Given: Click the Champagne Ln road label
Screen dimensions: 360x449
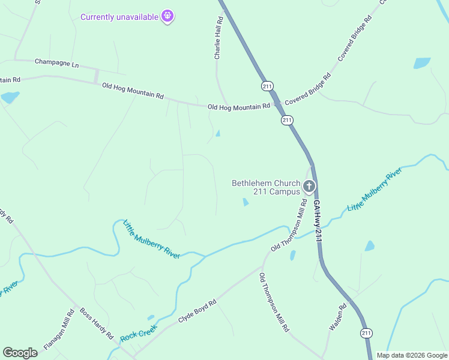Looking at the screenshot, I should (56, 62).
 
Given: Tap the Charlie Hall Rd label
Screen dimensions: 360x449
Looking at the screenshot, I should (219, 38).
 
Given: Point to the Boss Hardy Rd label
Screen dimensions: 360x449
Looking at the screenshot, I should (96, 325).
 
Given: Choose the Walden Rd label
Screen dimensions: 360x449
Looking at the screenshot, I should (338, 317).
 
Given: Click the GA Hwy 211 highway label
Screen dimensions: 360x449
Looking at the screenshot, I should (317, 221).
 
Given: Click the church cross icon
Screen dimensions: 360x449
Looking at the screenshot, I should (309, 187).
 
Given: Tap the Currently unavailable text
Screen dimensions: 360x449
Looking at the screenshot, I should (119, 16).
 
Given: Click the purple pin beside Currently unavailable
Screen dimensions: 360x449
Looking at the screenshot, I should (167, 16).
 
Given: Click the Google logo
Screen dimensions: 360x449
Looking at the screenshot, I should (20, 353).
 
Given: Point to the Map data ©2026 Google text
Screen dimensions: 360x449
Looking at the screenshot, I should (411, 355).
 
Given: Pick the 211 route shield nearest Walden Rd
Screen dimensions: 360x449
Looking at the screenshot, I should (366, 332).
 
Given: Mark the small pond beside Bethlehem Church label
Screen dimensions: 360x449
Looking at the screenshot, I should (246, 202).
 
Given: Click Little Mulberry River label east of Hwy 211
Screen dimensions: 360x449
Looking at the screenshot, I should (374, 191).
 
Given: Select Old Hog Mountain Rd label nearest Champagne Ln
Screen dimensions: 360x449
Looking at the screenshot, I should (133, 91).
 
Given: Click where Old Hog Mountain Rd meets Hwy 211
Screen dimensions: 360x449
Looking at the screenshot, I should (277, 104).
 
